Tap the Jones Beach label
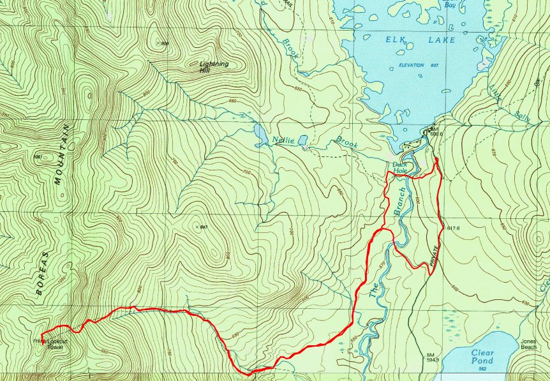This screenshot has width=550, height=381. pyautogui.click(x=528, y=343)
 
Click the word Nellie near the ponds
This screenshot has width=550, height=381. pyautogui.click(x=284, y=140)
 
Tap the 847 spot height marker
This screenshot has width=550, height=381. pyautogui.click(x=203, y=227)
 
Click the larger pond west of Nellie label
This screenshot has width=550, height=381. pyautogui.click(x=260, y=133)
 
